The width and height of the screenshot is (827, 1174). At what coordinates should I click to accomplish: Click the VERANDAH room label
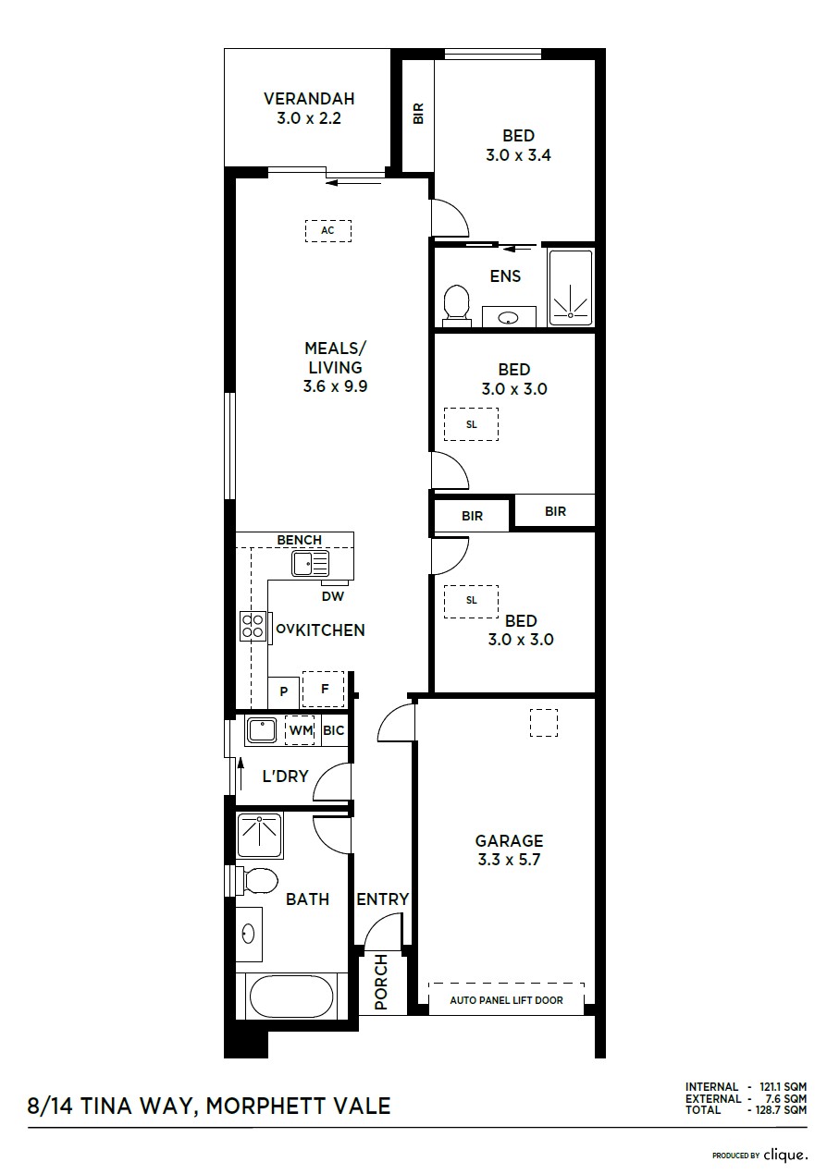tap(309, 99)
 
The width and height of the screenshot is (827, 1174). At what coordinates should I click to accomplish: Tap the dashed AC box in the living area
tap(328, 230)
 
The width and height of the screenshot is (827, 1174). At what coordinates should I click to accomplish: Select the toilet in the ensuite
tap(456, 303)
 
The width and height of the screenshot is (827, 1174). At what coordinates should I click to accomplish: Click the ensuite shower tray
tap(570, 287)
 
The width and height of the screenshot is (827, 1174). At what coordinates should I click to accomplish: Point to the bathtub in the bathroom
tap(291, 998)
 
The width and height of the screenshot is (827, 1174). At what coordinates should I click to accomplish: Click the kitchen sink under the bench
tap(311, 563)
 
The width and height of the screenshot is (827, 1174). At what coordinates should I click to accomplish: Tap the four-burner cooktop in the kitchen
tap(252, 627)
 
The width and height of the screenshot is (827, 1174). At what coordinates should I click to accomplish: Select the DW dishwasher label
tap(332, 596)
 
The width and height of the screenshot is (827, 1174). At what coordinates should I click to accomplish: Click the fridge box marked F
tap(324, 690)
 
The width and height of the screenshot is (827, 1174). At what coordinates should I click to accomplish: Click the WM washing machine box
tap(300, 730)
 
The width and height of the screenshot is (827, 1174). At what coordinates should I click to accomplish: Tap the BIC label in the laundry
tap(334, 730)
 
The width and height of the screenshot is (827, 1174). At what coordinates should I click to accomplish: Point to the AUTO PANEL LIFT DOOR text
tap(506, 1000)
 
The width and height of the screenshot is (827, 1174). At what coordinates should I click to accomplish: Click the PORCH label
tap(381, 982)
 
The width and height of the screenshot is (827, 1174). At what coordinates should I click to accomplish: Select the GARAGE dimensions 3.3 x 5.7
tap(509, 860)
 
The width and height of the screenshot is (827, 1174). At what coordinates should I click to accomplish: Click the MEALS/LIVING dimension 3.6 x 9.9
tap(335, 386)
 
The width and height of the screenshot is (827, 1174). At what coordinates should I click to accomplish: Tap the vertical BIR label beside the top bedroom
tap(418, 114)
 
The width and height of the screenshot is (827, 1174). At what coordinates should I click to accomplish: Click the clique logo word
tap(785, 1155)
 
